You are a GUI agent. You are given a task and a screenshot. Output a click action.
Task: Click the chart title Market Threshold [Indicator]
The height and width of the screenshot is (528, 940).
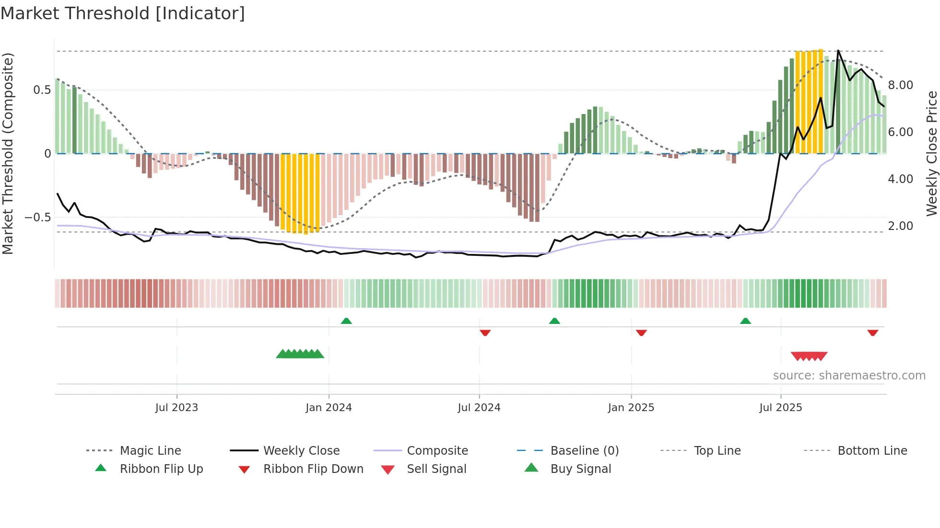(123, 13)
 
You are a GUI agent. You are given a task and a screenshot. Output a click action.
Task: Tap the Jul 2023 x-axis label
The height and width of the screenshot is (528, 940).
(176, 408)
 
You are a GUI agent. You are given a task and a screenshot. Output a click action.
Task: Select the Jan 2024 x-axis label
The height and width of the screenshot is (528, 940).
(329, 408)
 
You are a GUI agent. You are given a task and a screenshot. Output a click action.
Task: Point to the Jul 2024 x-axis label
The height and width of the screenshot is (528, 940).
(479, 408)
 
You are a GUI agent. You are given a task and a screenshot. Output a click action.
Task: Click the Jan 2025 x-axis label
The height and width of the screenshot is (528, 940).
(631, 408)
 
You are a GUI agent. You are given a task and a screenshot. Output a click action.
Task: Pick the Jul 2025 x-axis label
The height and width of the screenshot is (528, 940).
(780, 408)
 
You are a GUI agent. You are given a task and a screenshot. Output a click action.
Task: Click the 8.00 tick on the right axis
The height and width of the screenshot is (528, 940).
(900, 85)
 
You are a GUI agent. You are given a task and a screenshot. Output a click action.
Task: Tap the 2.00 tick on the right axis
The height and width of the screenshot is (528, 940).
(900, 226)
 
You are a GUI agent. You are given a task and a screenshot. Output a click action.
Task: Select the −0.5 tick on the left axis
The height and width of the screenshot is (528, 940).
(37, 218)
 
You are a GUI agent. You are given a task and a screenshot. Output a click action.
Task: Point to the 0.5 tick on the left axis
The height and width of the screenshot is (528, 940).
(42, 90)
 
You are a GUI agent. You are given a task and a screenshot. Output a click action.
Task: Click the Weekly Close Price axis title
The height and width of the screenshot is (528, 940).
(931, 153)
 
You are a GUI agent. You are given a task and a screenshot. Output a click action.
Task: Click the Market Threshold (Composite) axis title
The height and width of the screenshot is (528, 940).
(8, 153)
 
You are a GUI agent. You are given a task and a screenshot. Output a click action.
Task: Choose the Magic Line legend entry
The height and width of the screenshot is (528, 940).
(150, 451)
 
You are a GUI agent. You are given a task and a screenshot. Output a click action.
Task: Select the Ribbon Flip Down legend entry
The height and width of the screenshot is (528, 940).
(313, 469)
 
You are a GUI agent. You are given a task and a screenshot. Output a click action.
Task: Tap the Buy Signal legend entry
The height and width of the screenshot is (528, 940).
(580, 469)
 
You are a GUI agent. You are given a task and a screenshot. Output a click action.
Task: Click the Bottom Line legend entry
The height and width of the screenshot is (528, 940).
(872, 451)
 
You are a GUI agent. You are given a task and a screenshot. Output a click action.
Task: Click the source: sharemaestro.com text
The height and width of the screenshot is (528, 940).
(849, 376)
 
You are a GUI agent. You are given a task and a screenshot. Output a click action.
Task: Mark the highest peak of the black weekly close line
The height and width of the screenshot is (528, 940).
(838, 50)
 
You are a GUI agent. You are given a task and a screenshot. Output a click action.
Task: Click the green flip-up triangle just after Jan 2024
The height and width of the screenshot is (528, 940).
(346, 321)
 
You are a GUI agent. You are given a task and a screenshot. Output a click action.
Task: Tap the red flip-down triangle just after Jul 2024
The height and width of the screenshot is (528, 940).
(485, 333)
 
